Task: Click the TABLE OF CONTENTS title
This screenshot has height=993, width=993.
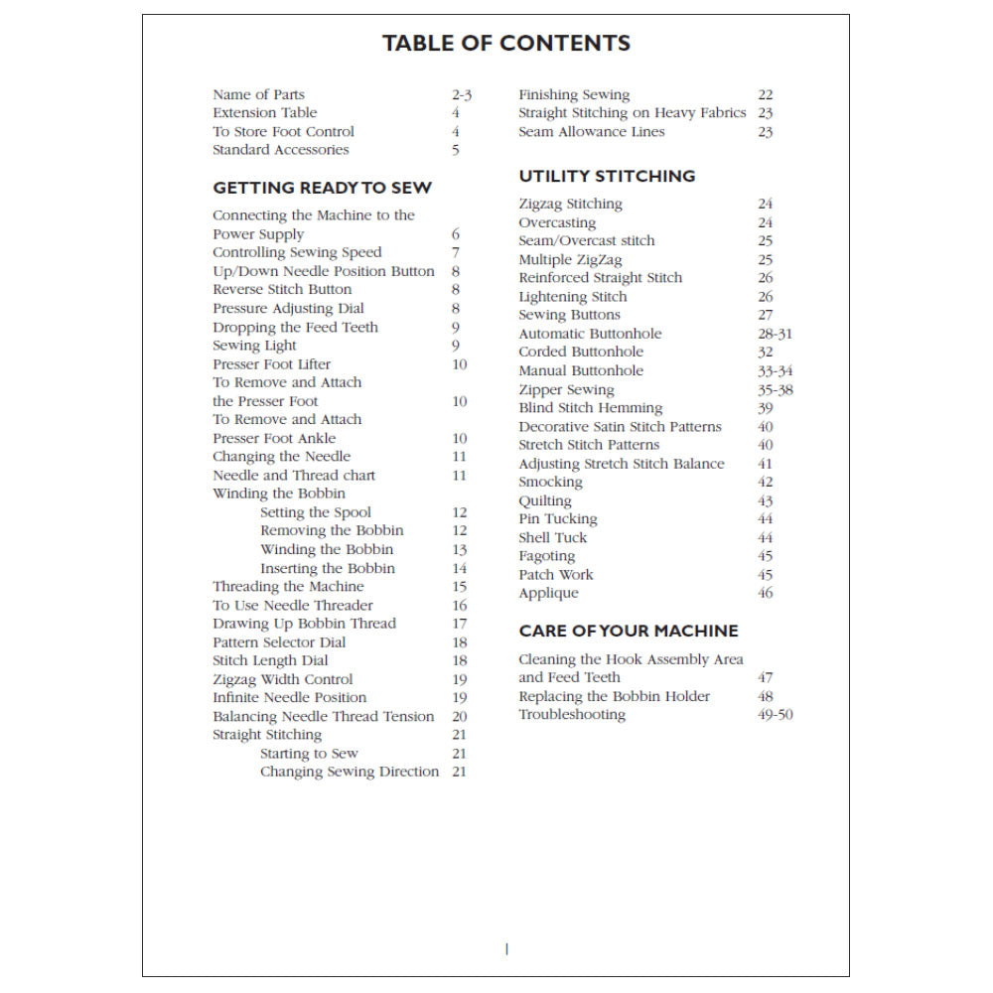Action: pos(505,44)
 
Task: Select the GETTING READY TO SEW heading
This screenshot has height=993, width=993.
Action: pos(323,188)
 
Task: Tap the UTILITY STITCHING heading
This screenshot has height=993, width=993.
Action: pos(607,176)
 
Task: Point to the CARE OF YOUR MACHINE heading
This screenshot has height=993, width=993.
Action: pos(629,631)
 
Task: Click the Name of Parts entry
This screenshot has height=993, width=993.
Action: pos(258,95)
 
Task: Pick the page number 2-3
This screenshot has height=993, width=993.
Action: pos(461,95)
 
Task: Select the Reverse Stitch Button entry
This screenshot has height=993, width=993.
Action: pos(282,290)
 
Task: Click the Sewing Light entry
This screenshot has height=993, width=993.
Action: pos(254,346)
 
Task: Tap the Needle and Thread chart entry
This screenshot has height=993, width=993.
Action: pos(294,476)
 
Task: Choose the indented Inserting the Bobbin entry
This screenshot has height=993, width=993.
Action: pos(328,569)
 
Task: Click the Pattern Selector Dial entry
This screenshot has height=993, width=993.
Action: pos(279,642)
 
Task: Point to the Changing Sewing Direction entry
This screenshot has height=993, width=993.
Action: pos(350,772)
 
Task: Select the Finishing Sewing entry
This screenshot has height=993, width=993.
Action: pos(574,95)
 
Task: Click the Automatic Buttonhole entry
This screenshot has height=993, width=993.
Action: pos(590,334)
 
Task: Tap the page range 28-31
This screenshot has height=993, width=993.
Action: pos(775,334)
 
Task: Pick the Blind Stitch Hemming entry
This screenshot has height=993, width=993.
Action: pos(590,408)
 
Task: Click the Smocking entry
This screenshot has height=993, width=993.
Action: pos(550,483)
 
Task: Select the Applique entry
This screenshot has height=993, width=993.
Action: pos(548,594)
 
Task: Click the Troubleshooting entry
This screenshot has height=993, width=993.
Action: pos(572,715)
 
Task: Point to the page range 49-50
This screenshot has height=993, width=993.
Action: pos(775,715)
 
